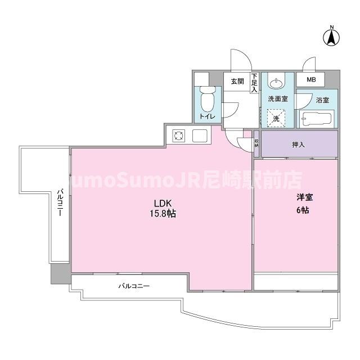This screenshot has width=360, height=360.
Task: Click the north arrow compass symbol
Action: coord(332,37)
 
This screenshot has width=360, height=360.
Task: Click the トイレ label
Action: coord(208,117)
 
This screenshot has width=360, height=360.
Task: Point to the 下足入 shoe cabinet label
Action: coord(254,83)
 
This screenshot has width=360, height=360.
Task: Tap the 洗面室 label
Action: coord(277,99)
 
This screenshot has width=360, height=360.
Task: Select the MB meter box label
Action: coord(311,80)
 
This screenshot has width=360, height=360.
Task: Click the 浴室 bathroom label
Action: coord(322,101)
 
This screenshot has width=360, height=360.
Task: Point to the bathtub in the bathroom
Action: coord(317,119)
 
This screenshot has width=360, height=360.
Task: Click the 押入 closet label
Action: coord(299,145)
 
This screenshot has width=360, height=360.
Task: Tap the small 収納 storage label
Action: coord(256,143)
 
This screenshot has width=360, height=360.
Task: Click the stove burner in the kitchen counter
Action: coord(179,135)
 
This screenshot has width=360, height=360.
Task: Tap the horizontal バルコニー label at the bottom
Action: coord(134,286)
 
